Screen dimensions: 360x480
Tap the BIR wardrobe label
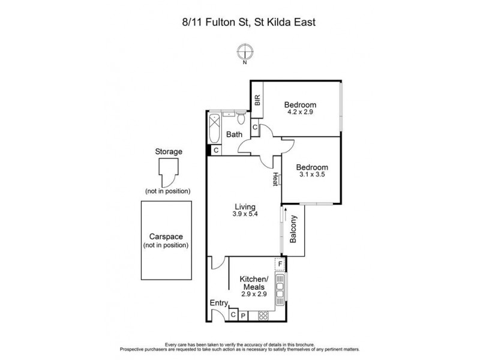[x=257, y=101]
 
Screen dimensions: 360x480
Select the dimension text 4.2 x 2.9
[x=300, y=112]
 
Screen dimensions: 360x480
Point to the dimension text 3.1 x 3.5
[x=313, y=175]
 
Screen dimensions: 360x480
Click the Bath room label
[x=234, y=134]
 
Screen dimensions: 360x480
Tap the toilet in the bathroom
[x=239, y=116]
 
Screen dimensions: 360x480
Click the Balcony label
[x=294, y=229]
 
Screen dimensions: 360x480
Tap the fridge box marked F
[x=279, y=264]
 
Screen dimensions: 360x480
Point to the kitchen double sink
[x=279, y=281]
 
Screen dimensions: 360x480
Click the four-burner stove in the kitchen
[x=263, y=314]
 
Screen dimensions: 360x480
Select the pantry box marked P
[x=244, y=314]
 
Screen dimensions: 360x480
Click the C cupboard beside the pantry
[x=233, y=314]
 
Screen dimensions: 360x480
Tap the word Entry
[x=218, y=303]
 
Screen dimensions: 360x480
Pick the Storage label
[x=168, y=152]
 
